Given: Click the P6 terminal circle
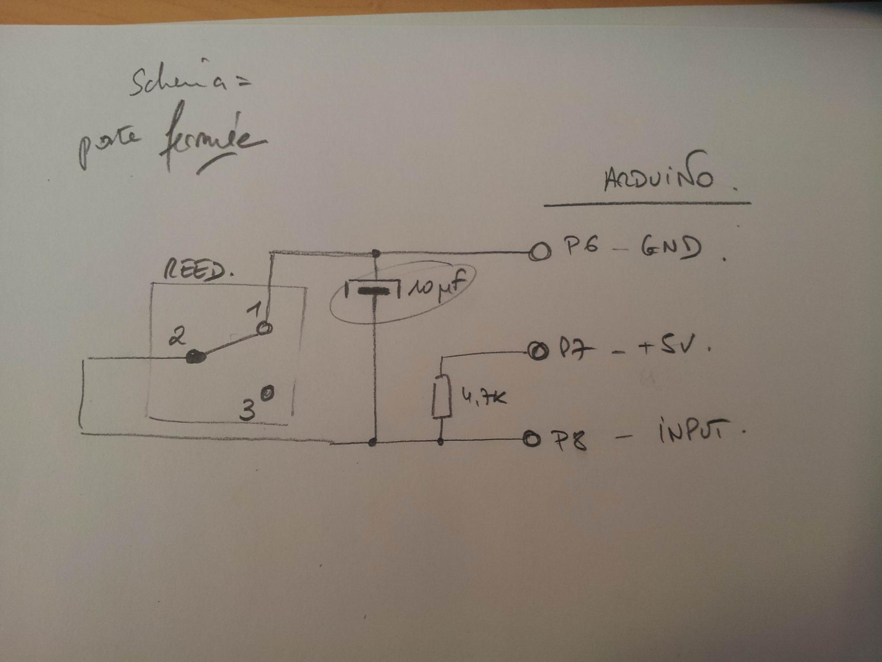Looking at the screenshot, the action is click(x=540, y=252).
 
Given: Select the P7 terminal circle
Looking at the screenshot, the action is click(x=538, y=352).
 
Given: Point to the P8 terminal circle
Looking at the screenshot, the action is click(x=531, y=439).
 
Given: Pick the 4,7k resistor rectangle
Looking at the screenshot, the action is click(x=441, y=396).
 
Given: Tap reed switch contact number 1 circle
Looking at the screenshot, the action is click(x=264, y=328).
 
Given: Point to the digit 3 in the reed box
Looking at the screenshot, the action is click(x=248, y=410).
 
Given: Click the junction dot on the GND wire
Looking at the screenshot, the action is click(x=376, y=253).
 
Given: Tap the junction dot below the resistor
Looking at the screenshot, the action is click(x=440, y=441).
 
